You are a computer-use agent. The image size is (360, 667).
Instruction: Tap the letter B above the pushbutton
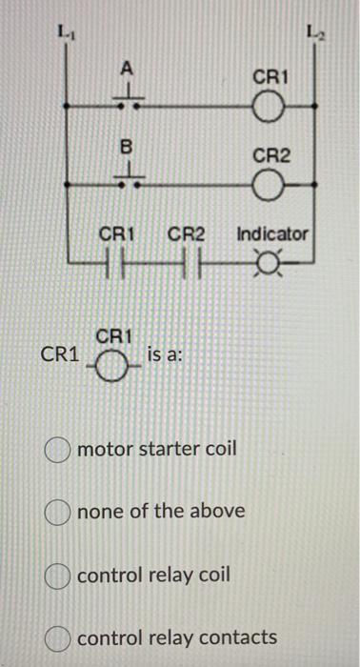(125, 148)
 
